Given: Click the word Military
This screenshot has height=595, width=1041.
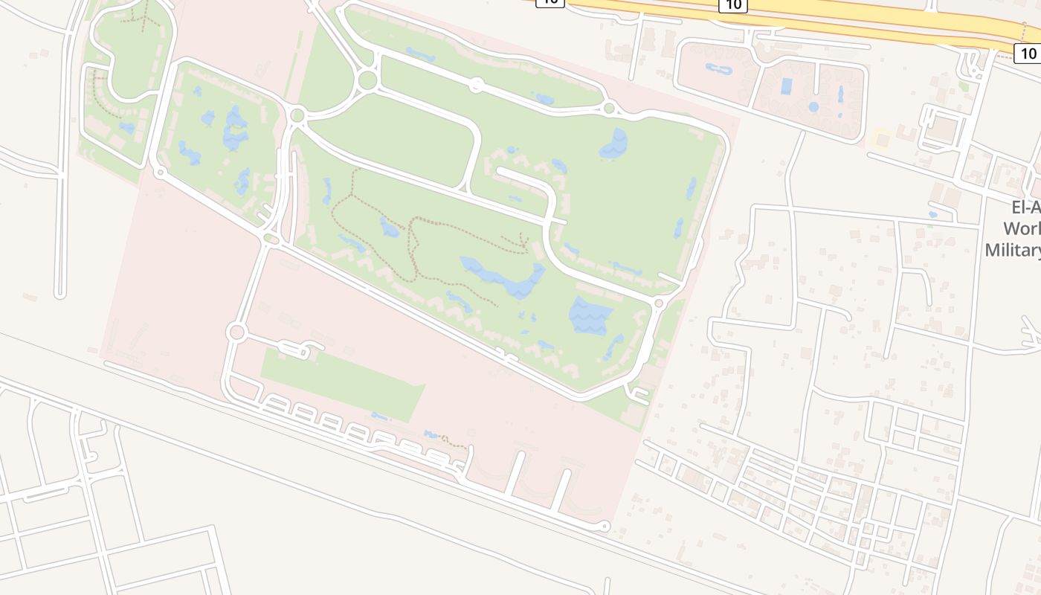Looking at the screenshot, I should [x=1013, y=250].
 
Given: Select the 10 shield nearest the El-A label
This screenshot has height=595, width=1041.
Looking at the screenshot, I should [x=1028, y=53].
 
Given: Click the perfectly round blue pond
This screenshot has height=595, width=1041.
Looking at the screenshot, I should [x=813, y=107].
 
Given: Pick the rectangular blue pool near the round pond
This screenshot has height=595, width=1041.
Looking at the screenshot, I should [x=786, y=86].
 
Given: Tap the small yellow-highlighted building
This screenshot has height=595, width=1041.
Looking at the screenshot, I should [x=883, y=139].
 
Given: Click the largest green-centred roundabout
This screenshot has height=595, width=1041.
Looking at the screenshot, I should [x=367, y=80].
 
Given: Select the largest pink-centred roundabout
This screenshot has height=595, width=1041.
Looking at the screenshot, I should [x=236, y=332].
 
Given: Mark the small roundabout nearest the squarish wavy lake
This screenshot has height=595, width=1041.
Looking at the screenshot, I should [x=658, y=303].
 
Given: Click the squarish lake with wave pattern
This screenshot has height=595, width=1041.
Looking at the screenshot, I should [x=590, y=315].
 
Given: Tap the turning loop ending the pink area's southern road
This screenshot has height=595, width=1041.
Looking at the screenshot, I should [x=604, y=527].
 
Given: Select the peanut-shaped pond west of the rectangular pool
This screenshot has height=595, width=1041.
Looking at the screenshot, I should [x=719, y=70].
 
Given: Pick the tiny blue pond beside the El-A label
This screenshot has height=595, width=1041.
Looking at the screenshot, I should [x=932, y=215].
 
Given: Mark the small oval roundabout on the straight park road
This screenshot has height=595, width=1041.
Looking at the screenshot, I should [x=477, y=86].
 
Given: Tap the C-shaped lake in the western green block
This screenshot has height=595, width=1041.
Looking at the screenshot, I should [x=236, y=128].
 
